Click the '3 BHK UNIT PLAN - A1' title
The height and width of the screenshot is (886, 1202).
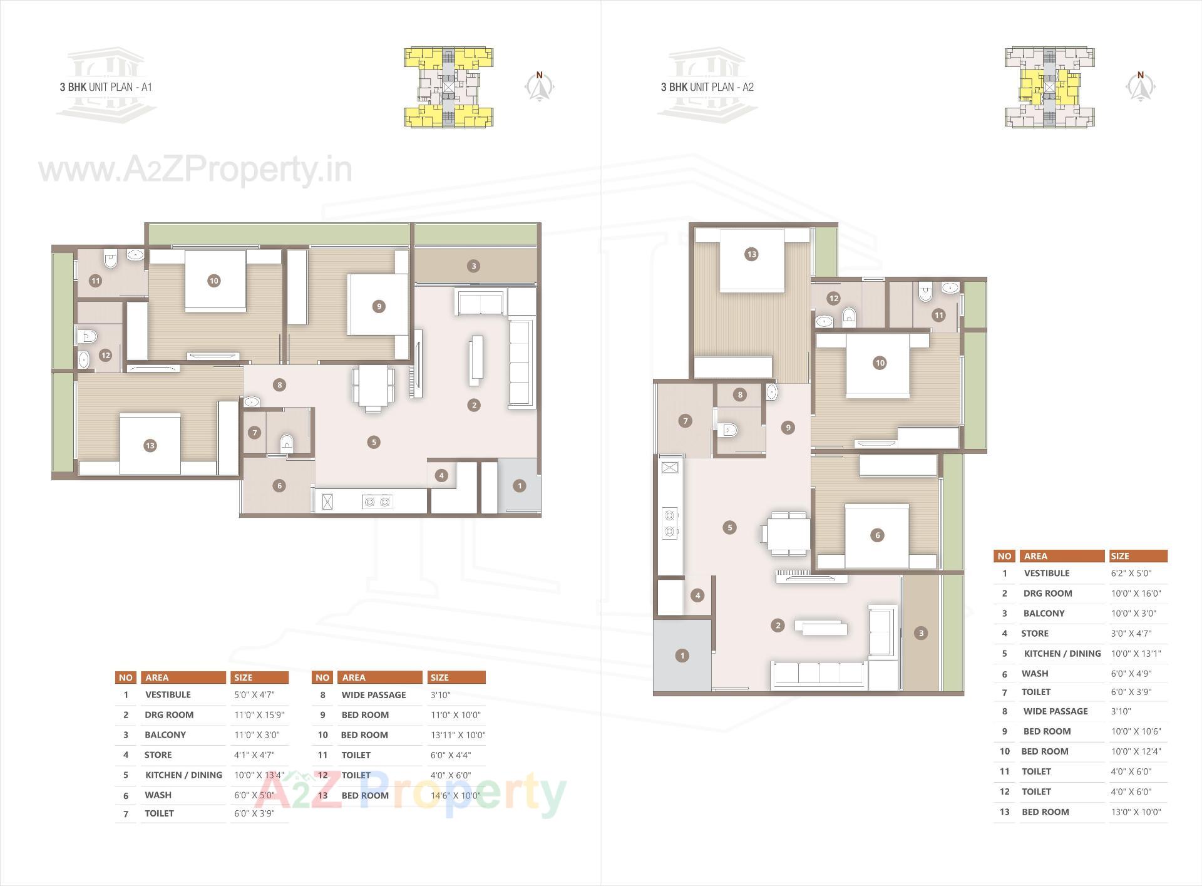coord(106,87)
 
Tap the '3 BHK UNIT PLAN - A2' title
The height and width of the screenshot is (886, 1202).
coord(707,87)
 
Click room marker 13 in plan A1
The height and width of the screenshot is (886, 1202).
coord(150,446)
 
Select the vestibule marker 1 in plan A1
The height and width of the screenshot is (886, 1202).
coord(519,486)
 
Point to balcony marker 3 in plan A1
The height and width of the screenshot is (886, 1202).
coord(473,266)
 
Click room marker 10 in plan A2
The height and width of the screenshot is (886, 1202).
coord(880,363)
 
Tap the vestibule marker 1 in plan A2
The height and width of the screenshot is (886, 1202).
coord(682,656)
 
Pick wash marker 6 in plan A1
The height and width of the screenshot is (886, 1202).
coord(279,486)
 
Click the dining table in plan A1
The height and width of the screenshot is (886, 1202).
coord(373,386)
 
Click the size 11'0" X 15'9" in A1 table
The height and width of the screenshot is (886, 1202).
coord(259,714)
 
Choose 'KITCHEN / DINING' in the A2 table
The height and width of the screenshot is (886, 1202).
coord(1062,654)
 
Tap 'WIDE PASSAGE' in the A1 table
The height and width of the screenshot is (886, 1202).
coord(373,695)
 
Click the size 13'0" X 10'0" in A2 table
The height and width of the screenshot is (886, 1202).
coord(1136,812)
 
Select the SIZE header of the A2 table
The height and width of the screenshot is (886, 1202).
coord(1120,556)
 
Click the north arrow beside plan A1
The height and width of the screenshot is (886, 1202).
coord(539,86)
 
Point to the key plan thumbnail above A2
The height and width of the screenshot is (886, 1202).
coord(1049,87)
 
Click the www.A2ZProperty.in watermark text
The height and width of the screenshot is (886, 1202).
coord(195,170)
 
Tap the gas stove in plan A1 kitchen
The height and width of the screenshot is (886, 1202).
coord(377,502)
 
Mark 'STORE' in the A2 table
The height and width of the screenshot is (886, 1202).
coord(1034,634)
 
